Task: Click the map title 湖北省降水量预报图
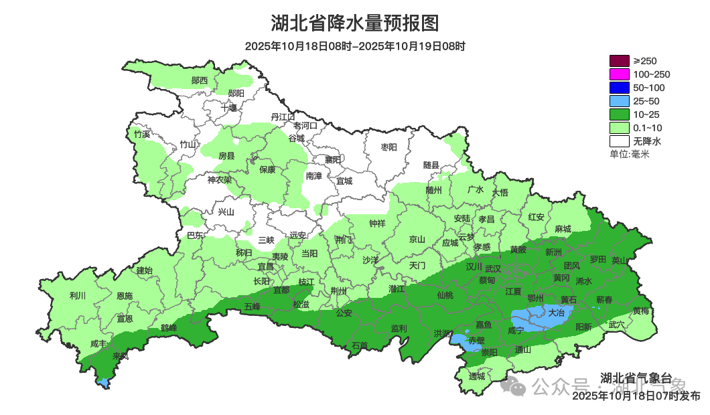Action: pos(354,23)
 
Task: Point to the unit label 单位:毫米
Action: pos(629,154)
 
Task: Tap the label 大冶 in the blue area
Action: pos(557,312)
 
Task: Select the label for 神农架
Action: pos(219,179)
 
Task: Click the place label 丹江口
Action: pos(283,117)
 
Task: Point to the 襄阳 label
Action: pos(333,159)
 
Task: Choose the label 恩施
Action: pos(125,295)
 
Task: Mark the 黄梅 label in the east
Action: pos(641,311)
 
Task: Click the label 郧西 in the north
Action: pos(200,80)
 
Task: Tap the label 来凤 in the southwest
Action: pos(121,355)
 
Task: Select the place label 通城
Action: pos(477,376)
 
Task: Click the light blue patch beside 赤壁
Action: pos(458,340)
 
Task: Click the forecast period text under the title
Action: pos(354,46)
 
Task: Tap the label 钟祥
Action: pos(377,224)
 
